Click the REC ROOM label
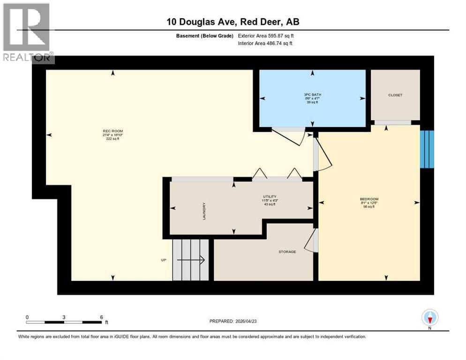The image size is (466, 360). pyautogui.click(x=113, y=131)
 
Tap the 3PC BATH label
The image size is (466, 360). pyautogui.click(x=312, y=95)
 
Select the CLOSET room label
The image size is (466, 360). pyautogui.click(x=395, y=95)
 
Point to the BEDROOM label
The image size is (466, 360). pyautogui.click(x=368, y=199)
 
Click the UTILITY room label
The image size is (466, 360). pyautogui.click(x=269, y=196)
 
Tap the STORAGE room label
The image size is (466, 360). pyautogui.click(x=287, y=252)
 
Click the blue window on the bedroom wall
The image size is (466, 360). pyautogui.click(x=427, y=149)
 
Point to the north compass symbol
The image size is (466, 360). pyautogui.click(x=429, y=318)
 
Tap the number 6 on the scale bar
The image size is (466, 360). pyautogui.click(x=101, y=317)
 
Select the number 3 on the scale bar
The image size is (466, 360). pyautogui.click(x=64, y=317)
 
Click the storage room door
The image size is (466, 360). pyautogui.click(x=311, y=241)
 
